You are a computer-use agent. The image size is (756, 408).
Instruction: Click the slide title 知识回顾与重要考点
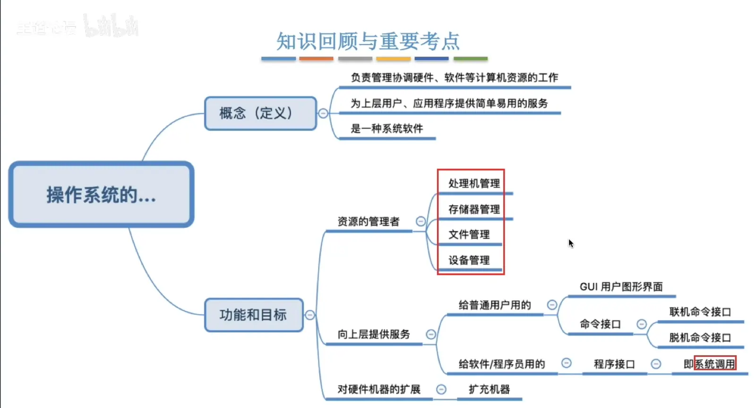point(368,42)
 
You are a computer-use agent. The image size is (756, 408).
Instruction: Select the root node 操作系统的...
point(101,195)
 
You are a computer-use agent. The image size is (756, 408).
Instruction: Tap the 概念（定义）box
point(260,113)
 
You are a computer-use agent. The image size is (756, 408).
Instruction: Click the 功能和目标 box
point(253,315)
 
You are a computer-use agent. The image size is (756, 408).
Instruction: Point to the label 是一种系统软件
point(387,128)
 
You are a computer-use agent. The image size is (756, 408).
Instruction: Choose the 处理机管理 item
point(474,183)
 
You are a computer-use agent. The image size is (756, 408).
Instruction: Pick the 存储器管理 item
point(474,209)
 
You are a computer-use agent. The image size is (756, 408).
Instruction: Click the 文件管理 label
point(469,234)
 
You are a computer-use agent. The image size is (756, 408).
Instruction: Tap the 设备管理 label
point(469,260)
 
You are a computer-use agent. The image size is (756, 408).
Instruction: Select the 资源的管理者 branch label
point(369,221)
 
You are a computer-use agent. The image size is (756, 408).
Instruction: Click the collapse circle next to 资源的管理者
point(421,221)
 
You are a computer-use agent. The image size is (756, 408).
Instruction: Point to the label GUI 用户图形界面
point(621,287)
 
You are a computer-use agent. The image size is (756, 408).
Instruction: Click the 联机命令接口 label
point(700,312)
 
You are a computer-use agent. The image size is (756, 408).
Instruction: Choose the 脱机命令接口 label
point(700,337)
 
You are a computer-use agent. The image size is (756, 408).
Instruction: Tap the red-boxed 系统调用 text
point(715,364)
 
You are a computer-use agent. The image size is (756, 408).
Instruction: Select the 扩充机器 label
point(489,390)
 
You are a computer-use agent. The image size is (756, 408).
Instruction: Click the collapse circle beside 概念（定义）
point(323,113)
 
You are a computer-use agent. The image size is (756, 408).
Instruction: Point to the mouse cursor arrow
point(571,243)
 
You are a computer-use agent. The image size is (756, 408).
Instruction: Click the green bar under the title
point(470,59)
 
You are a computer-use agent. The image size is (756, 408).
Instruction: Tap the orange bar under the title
point(316,59)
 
